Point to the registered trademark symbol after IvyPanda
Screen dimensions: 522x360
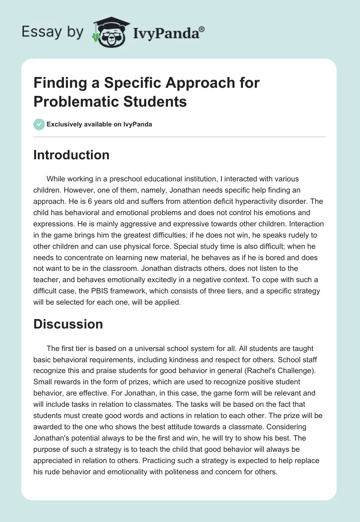(202, 29)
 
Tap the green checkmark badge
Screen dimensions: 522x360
(39, 124)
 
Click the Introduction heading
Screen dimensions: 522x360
(71, 155)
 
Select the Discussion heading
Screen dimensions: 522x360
(68, 324)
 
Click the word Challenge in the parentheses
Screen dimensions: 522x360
(298, 370)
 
